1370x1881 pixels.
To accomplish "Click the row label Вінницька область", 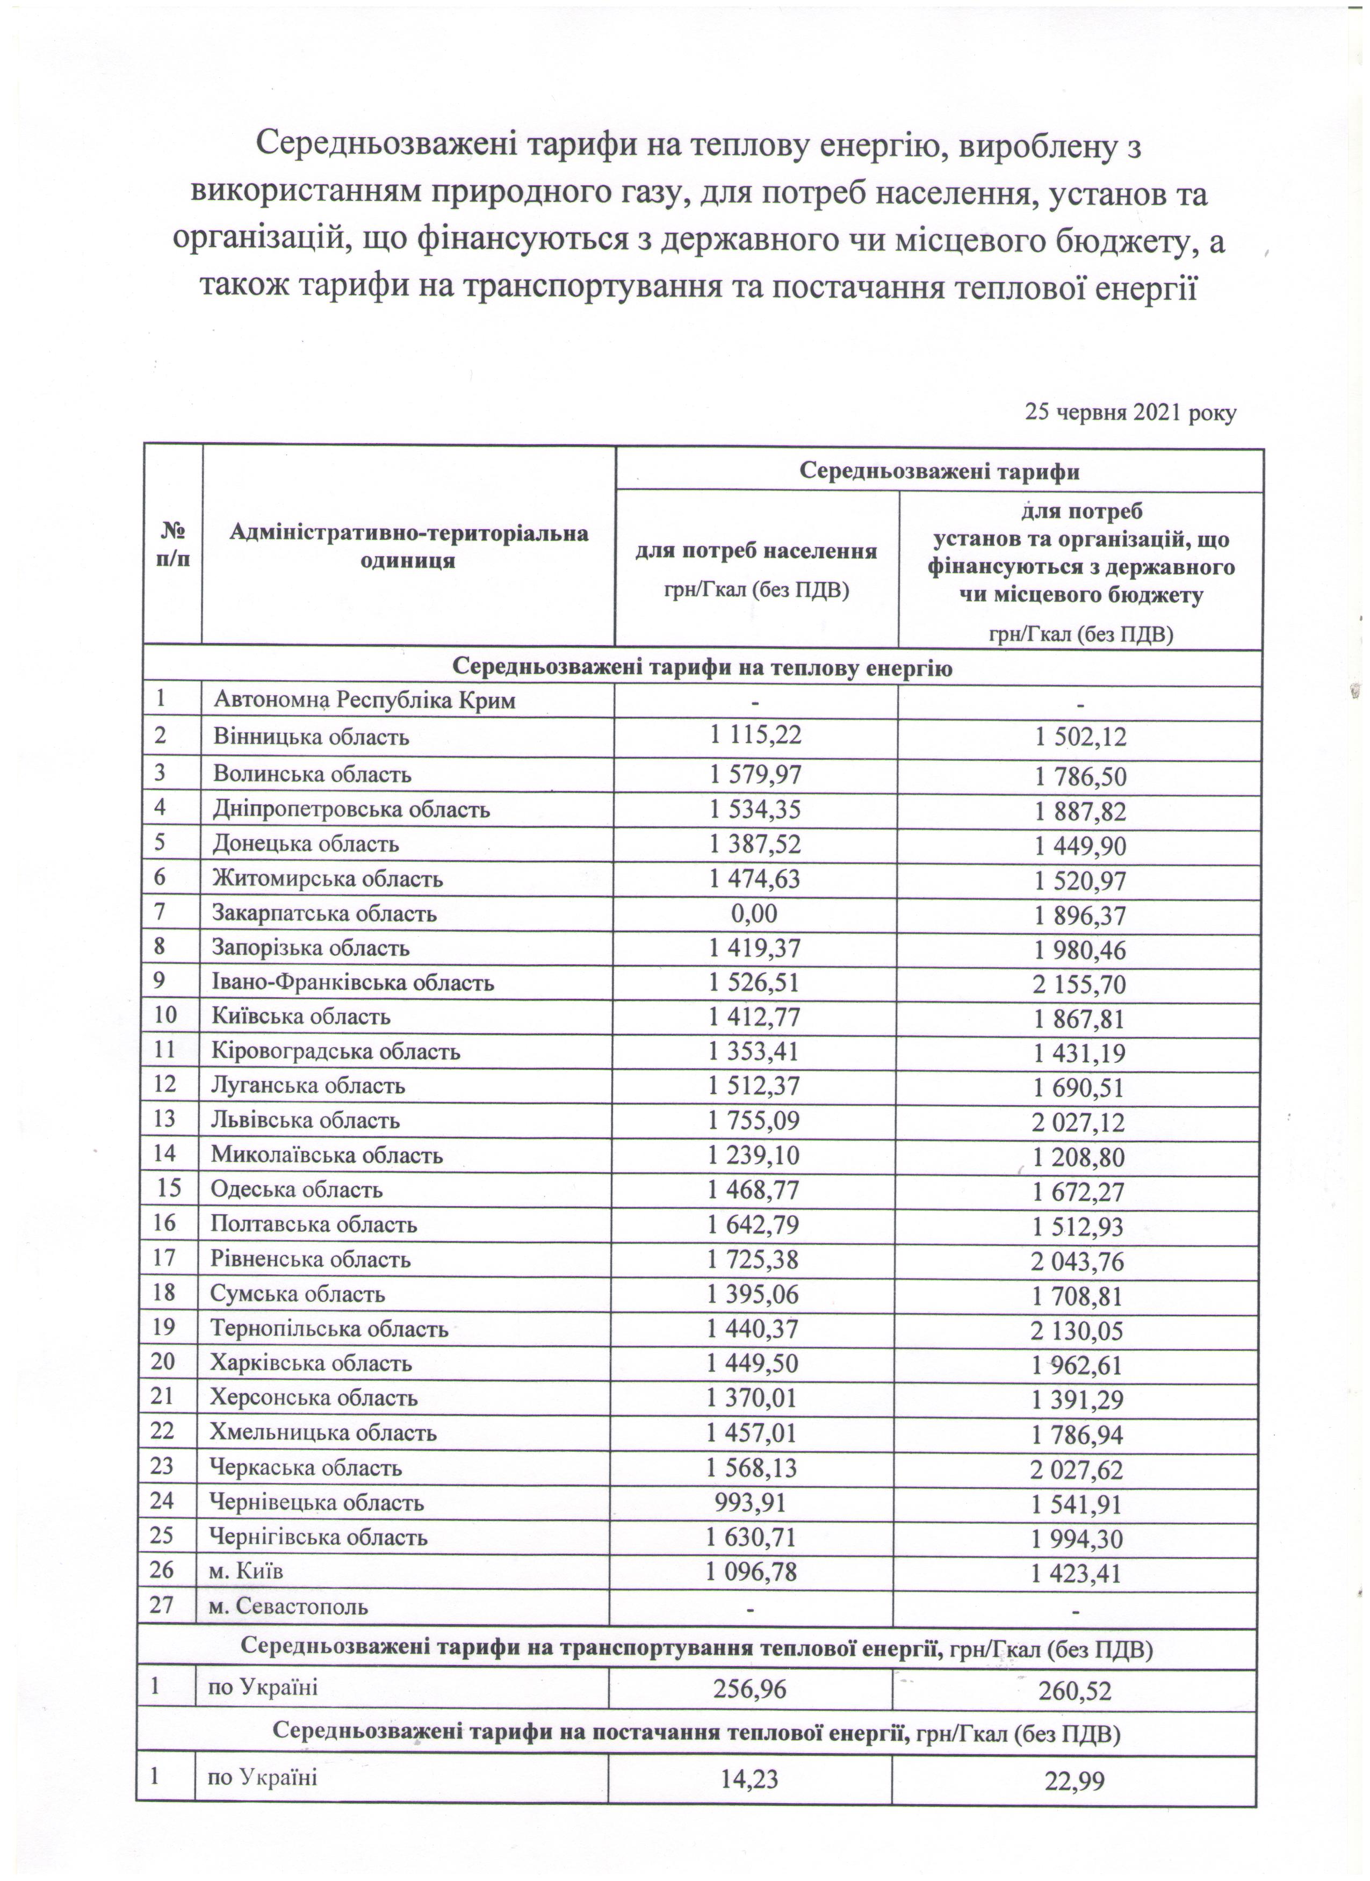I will pyautogui.click(x=311, y=737).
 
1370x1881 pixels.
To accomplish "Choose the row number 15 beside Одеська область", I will pyautogui.click(x=169, y=1190).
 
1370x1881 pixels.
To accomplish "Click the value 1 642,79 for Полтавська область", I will pyautogui.click(x=754, y=1224).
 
